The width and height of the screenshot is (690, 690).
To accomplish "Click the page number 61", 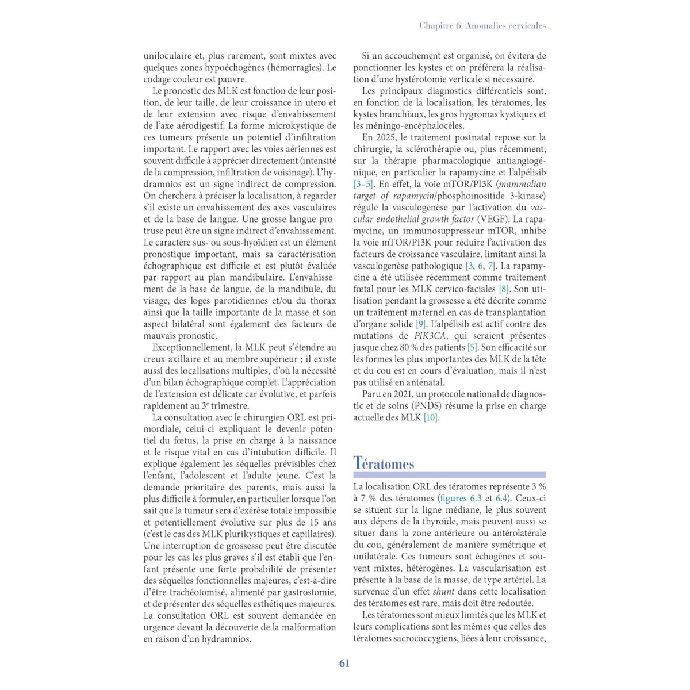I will (344, 663).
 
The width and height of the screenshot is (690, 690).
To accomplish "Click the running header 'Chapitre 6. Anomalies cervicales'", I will (482, 25).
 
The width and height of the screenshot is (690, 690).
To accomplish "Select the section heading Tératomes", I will (384, 463).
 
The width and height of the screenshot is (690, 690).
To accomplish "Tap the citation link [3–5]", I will (363, 184).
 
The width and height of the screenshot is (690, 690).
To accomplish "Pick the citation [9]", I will (420, 324).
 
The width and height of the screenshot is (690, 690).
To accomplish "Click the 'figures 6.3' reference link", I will (460, 499).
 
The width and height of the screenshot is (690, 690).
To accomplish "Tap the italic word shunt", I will (443, 591).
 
